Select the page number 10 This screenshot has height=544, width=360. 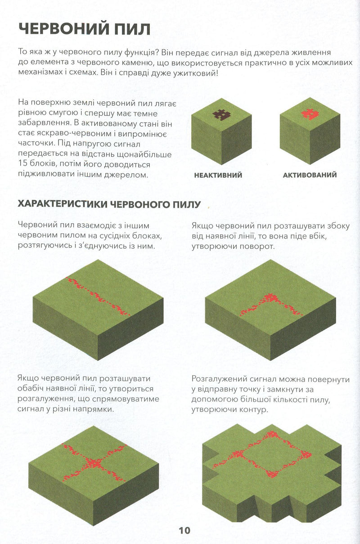click(184, 530)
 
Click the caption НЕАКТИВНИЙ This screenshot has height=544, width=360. click(218, 175)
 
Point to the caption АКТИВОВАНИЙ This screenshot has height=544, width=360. click(310, 175)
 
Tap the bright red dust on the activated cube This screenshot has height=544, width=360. click(308, 114)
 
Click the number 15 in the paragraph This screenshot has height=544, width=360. click(23, 165)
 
